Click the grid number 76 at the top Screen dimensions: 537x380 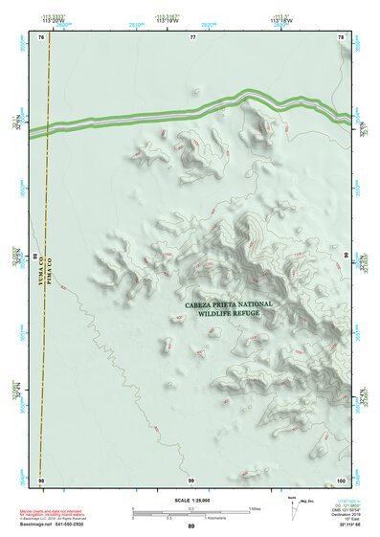click(x=41, y=36)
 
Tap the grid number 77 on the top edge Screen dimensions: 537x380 click(x=192, y=36)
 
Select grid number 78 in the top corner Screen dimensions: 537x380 click(x=342, y=36)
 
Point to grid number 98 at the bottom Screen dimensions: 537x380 click(x=41, y=479)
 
